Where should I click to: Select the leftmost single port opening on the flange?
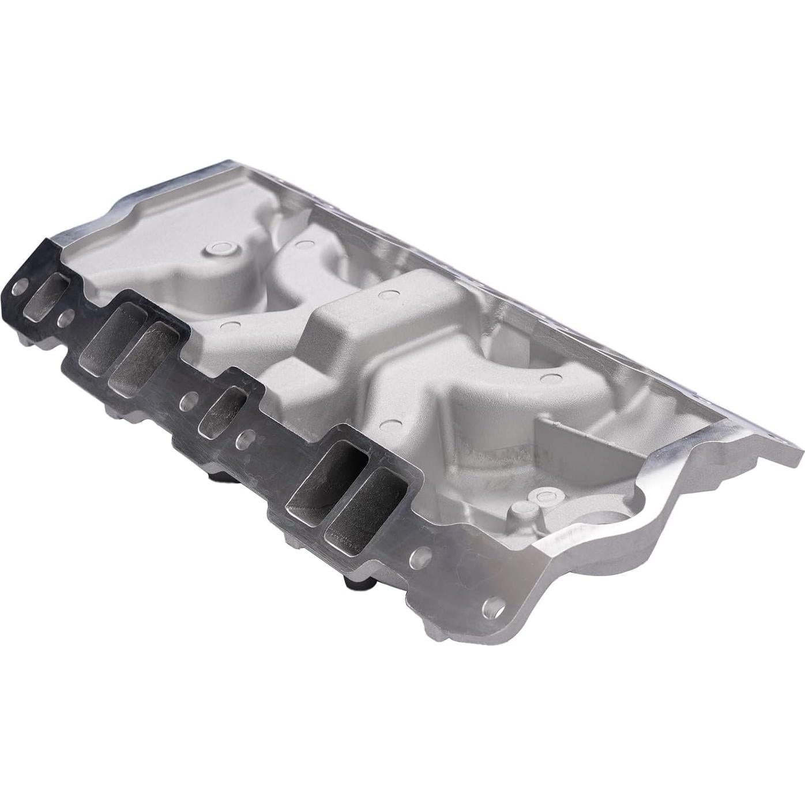pyautogui.click(x=48, y=295)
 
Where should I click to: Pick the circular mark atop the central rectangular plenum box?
pyautogui.click(x=386, y=295)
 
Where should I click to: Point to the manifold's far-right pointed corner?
pyautogui.click(x=799, y=450)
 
